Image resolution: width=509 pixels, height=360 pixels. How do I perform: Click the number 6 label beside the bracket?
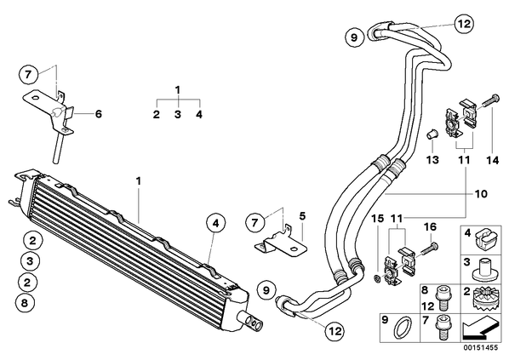tap(98, 114)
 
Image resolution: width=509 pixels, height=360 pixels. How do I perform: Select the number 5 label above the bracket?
tap(302, 215)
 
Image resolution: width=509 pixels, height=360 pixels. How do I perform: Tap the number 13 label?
tap(432, 160)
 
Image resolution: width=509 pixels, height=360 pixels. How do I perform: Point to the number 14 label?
tap(493, 160)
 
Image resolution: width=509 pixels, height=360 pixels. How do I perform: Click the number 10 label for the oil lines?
tap(481, 194)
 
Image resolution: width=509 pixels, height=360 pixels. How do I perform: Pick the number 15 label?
tap(378, 218)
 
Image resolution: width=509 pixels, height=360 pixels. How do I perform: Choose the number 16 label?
tap(431, 227)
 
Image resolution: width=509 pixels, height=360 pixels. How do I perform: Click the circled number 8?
tap(25, 303)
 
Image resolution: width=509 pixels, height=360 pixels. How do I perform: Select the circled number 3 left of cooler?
tap(30, 261)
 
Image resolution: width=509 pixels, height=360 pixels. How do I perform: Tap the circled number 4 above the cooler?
tap(215, 224)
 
